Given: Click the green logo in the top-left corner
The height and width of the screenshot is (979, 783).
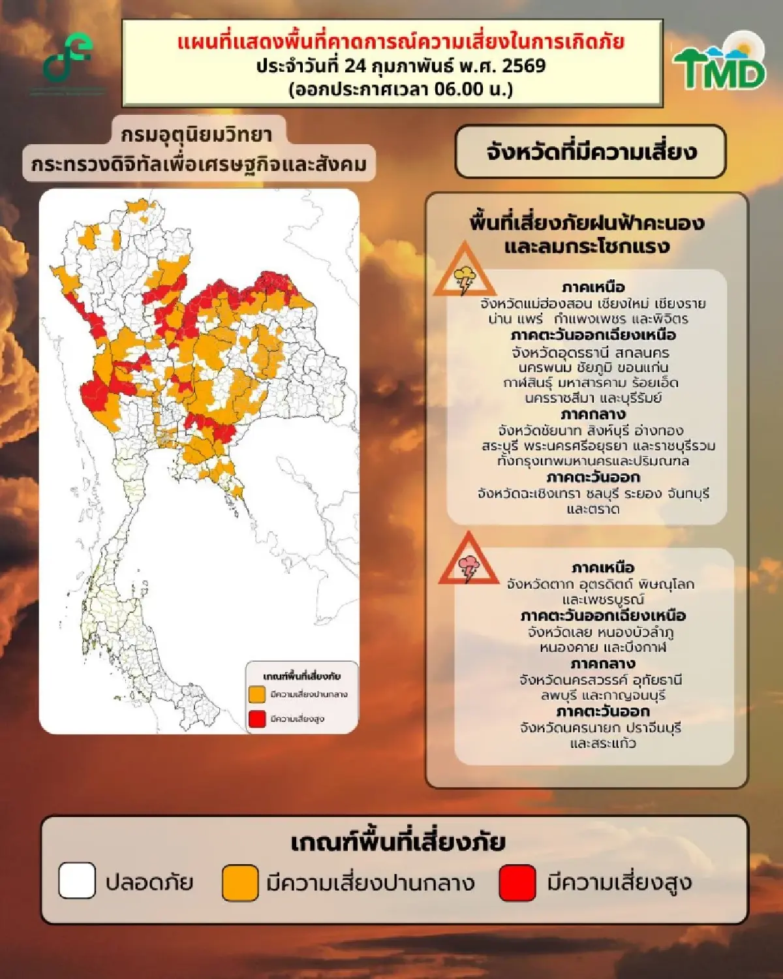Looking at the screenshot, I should [67, 60].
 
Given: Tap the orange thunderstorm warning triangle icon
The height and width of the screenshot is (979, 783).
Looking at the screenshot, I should [465, 272].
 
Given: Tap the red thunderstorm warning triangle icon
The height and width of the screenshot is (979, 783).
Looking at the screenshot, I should [468, 561].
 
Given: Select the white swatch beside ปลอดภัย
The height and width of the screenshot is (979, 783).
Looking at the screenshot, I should [77, 882].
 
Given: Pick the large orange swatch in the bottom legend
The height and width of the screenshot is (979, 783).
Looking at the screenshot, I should [240, 882].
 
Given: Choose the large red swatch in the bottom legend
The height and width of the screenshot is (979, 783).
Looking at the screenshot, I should [517, 882].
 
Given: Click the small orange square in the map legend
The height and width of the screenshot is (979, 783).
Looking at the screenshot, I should [256, 694].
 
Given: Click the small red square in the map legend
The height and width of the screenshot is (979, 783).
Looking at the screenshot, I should [256, 719].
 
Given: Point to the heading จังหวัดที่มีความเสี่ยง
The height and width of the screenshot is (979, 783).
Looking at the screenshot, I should [591, 152].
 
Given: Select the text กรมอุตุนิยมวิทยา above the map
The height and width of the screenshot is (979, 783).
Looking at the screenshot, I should [196, 134].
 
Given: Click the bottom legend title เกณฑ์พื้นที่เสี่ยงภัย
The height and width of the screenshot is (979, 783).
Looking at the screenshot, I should [397, 842].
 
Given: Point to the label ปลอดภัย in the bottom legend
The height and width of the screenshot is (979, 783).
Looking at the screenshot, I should [149, 882].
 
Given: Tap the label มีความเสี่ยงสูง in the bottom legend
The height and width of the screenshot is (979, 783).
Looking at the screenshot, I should [619, 882].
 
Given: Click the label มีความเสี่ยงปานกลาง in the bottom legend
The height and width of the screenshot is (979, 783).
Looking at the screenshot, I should [370, 882].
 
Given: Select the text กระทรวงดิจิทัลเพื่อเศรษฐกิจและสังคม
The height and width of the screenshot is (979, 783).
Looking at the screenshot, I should [199, 164].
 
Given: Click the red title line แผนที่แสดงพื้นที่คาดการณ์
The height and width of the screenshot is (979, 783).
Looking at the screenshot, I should [401, 42].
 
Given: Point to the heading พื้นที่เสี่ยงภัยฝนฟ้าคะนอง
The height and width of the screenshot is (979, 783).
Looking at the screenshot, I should [587, 223].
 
